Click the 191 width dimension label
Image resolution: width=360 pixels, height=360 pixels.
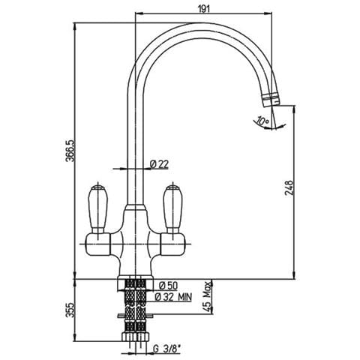(204, 9)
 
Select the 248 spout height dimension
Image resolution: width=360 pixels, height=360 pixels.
(289, 188)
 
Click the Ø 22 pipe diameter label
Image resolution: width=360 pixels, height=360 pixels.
(159, 164)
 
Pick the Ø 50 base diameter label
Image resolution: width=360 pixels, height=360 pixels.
(168, 285)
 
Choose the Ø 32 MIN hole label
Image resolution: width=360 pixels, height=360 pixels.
(173, 297)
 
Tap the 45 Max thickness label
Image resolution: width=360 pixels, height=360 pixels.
(207, 296)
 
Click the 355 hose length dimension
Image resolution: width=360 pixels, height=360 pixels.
(70, 310)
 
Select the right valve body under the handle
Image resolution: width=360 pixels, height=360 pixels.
(172, 244)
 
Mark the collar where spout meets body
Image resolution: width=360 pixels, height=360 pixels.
(135, 208)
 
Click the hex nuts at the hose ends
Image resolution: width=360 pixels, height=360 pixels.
(135, 336)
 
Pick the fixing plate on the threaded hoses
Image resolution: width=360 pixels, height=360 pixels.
(135, 316)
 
